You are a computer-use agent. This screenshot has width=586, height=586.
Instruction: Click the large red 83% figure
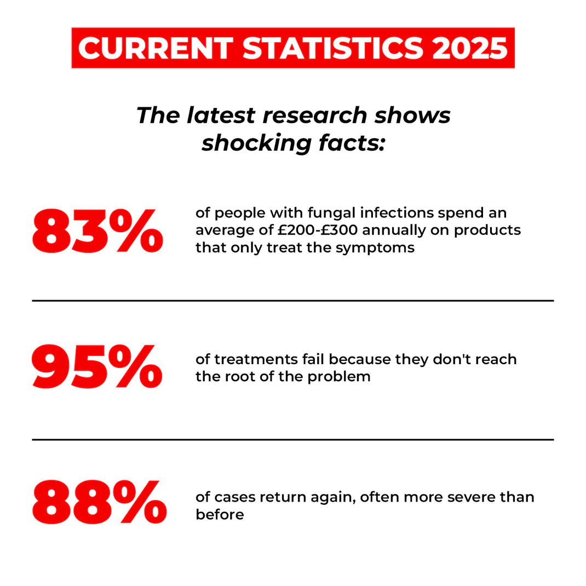97,231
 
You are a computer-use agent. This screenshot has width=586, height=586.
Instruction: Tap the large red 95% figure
97,366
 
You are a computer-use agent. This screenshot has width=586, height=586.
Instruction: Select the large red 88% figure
99,503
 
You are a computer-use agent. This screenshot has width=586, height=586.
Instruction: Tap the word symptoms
375,248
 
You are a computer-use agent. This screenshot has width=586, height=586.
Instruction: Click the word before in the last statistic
220,515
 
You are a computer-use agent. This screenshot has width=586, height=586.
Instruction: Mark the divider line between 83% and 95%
293,301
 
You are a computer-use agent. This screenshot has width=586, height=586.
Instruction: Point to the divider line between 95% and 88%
293,439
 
